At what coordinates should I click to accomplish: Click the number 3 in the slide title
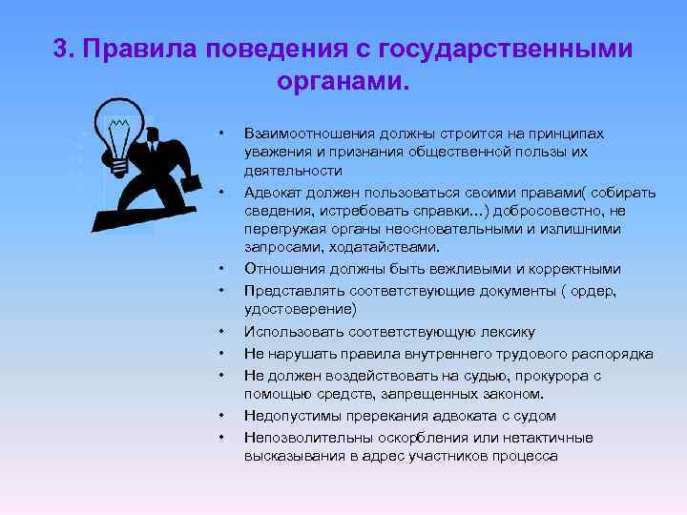pyautogui.click(x=60, y=49)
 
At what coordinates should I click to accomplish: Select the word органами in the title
pyautogui.click(x=340, y=81)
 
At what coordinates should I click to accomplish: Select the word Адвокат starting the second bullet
pyautogui.click(x=273, y=193)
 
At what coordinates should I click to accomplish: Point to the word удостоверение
pyautogui.click(x=300, y=309)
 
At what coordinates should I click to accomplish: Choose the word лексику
pyautogui.click(x=502, y=332)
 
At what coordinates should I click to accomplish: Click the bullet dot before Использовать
pyautogui.click(x=220, y=332)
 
